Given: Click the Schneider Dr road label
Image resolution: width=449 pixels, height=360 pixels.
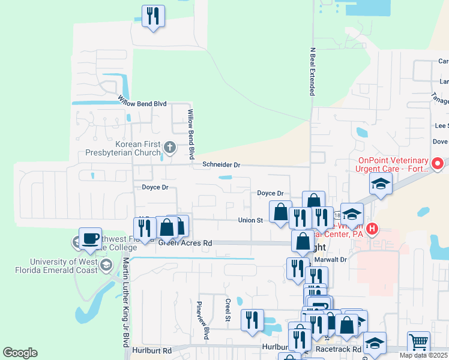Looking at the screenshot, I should coord(221,164).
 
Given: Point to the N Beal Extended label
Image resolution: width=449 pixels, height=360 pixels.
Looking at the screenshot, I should coord(312,72).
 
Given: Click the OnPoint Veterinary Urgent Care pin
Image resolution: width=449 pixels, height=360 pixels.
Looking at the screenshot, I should coord(438,163).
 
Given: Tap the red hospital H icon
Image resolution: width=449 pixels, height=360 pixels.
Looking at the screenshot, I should coord(372,229).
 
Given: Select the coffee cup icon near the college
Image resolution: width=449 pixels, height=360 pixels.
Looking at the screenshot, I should coord(90,238).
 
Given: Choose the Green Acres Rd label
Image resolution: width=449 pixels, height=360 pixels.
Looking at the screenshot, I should coord(185,243).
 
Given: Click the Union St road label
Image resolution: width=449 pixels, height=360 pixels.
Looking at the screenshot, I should coord(251,220).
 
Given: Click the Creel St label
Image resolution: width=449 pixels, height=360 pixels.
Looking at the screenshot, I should coord(228,310).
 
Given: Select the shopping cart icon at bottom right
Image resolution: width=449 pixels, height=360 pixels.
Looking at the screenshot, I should coord(418,342).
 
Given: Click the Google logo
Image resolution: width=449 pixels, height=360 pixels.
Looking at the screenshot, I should coord(20,353).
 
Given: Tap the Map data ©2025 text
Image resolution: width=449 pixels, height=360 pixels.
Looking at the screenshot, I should coord(423,355).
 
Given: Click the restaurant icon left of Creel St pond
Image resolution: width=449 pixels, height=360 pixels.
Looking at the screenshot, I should coord(252,320).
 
